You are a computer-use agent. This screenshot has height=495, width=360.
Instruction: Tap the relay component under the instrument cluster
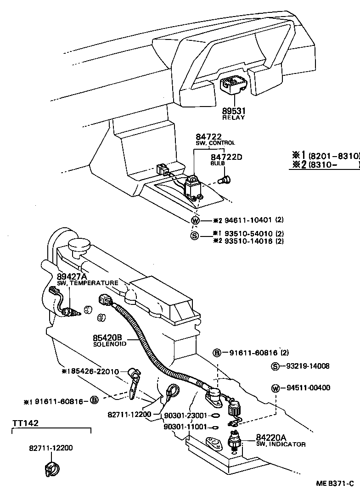(233, 87)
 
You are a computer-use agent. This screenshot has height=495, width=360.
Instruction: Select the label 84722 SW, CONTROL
(209, 139)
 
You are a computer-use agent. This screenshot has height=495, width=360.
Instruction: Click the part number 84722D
(226, 157)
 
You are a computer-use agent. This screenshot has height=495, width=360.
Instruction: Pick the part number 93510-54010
(249, 233)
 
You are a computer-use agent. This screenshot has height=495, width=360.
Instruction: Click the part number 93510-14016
(249, 241)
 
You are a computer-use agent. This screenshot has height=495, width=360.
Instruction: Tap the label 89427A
(72, 276)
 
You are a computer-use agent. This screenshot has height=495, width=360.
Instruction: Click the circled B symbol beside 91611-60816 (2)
(217, 353)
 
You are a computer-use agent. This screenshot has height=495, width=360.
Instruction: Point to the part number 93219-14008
(307, 366)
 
